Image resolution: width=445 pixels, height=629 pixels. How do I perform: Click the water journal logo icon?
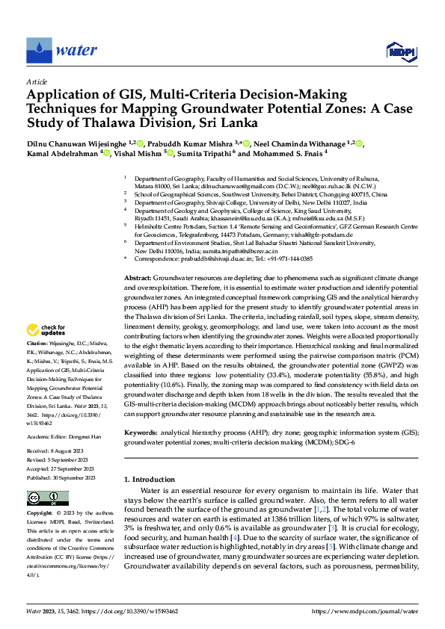(x=38, y=50)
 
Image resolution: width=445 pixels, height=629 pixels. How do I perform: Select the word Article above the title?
(x=36, y=81)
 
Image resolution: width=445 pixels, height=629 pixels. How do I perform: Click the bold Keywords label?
(x=141, y=433)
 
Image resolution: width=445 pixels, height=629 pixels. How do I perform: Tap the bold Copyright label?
(x=40, y=513)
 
